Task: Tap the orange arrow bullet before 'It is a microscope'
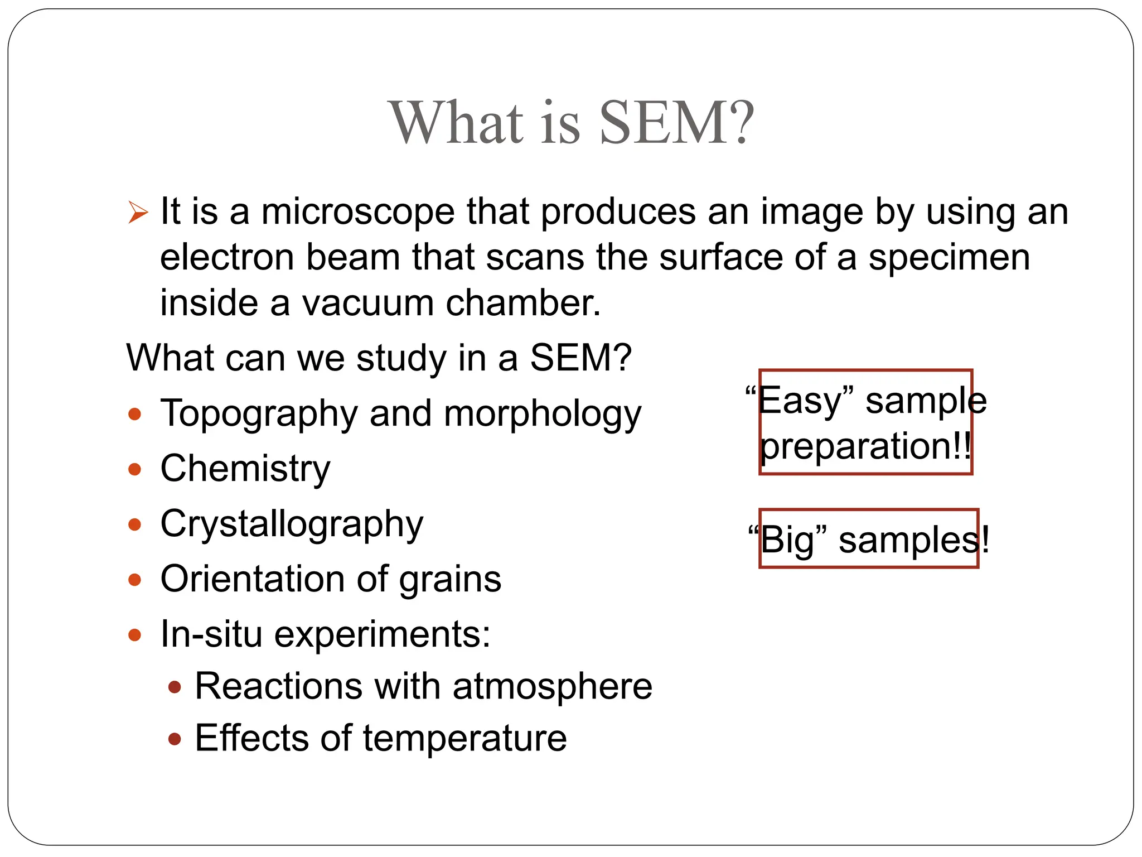138,213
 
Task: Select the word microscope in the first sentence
358,212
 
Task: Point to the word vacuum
367,304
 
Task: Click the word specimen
949,258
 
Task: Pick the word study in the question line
401,358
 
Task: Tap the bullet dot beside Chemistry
134,469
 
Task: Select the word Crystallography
292,525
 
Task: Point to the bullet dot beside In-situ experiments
134,635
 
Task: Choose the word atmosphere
552,686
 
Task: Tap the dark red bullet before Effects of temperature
175,739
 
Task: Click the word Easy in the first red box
799,401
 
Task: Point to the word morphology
543,415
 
